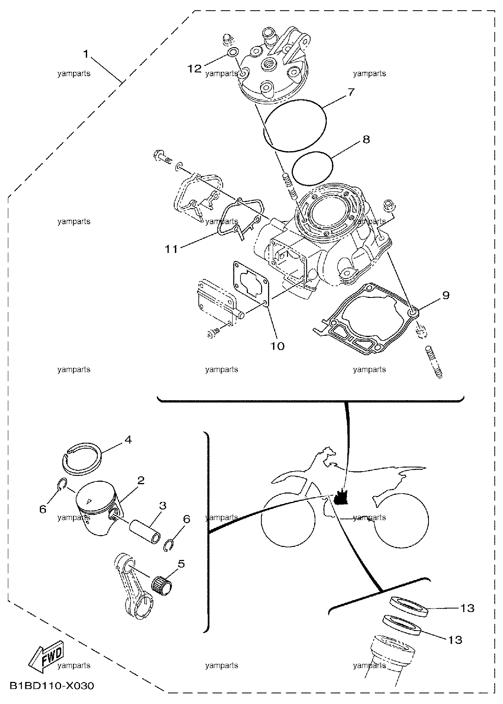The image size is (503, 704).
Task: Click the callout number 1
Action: [x=86, y=54]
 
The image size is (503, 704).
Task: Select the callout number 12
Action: [x=194, y=69]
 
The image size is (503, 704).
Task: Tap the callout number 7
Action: [x=351, y=92]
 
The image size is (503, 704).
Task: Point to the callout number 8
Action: [x=366, y=139]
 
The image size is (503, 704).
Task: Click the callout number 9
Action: [x=445, y=295]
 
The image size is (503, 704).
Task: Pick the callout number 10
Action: [x=277, y=346]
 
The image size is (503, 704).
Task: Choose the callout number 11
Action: [x=171, y=249]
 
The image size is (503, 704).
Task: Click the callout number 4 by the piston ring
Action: [x=128, y=439]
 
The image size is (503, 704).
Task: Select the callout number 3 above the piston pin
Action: [x=162, y=506]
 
